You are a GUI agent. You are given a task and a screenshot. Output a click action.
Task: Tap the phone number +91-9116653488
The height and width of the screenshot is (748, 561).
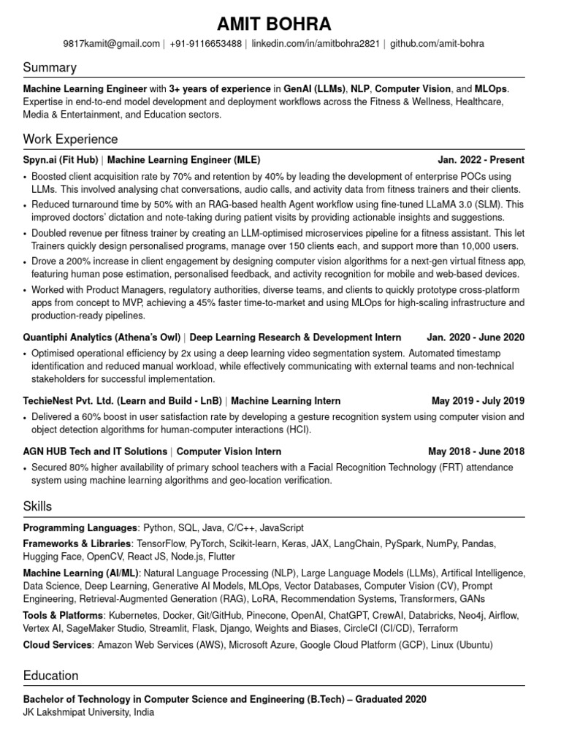205,44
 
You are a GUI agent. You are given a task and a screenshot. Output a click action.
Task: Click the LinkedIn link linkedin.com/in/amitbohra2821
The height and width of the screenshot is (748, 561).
316,44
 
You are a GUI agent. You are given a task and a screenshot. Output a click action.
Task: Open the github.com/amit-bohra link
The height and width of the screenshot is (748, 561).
437,44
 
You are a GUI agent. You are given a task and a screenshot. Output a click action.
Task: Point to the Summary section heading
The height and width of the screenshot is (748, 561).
50,68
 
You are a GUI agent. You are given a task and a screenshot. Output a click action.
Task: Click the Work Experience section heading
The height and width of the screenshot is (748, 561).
70,139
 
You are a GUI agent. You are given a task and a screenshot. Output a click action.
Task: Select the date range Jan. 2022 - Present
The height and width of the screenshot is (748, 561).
481,160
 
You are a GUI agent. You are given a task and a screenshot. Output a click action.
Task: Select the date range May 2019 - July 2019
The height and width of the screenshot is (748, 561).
478,401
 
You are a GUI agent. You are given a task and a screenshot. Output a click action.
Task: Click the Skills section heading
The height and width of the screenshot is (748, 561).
37,506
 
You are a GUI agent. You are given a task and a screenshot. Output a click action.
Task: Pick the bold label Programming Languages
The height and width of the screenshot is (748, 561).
80,527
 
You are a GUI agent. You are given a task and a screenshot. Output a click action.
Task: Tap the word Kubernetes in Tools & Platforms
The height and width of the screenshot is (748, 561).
133,616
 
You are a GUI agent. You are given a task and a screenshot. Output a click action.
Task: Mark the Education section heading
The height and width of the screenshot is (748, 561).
50,676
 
